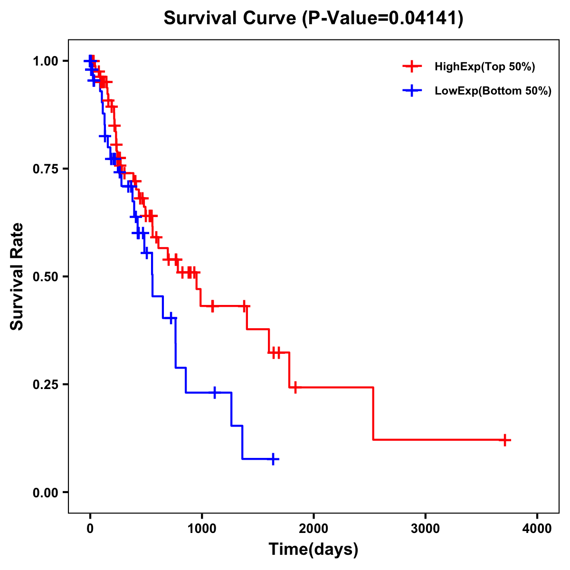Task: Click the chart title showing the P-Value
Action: coord(313,19)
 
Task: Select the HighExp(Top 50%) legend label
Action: coord(484,67)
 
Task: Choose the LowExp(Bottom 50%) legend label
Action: coord(493,91)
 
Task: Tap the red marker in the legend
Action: coord(412,66)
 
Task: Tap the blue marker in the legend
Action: coord(412,91)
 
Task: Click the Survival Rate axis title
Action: coord(17,276)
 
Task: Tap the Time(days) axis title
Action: coord(313,550)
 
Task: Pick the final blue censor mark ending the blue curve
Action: coord(273,459)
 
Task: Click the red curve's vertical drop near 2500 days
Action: coord(373,413)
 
